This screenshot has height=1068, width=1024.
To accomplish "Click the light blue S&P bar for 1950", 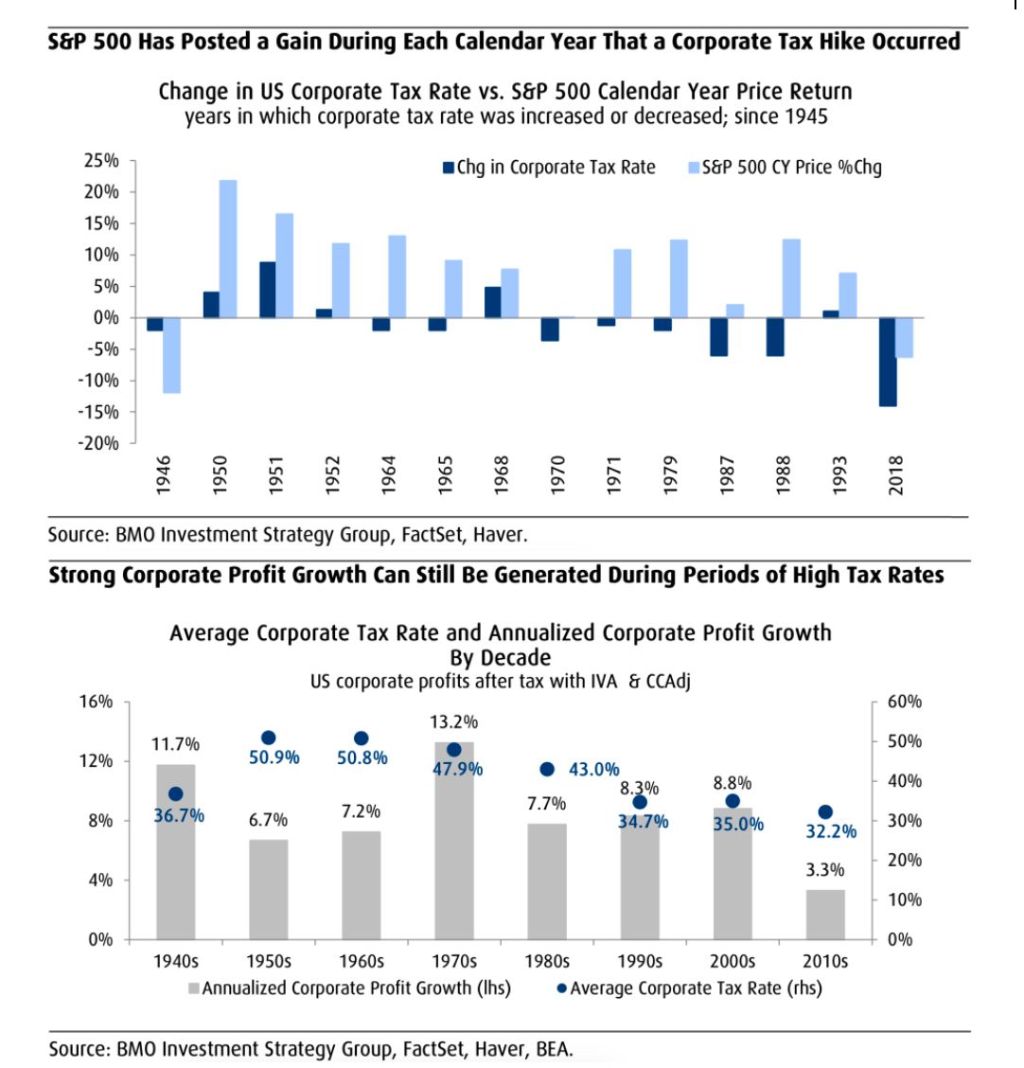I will (228, 248).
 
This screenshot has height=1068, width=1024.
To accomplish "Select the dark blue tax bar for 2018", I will (888, 362).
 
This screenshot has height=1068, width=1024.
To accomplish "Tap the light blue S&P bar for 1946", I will (171, 355).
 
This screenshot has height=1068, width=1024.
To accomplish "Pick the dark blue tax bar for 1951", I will (267, 289).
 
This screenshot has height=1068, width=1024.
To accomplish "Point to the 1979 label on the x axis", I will (671, 473).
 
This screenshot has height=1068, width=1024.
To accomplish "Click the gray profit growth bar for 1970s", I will (454, 841).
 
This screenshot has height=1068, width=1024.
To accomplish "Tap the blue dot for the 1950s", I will (268, 738).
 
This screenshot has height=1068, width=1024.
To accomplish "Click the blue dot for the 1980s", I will (546, 769).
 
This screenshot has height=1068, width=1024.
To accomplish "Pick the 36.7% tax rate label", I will (179, 815).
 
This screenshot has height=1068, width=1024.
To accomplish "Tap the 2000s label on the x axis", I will (733, 961).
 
